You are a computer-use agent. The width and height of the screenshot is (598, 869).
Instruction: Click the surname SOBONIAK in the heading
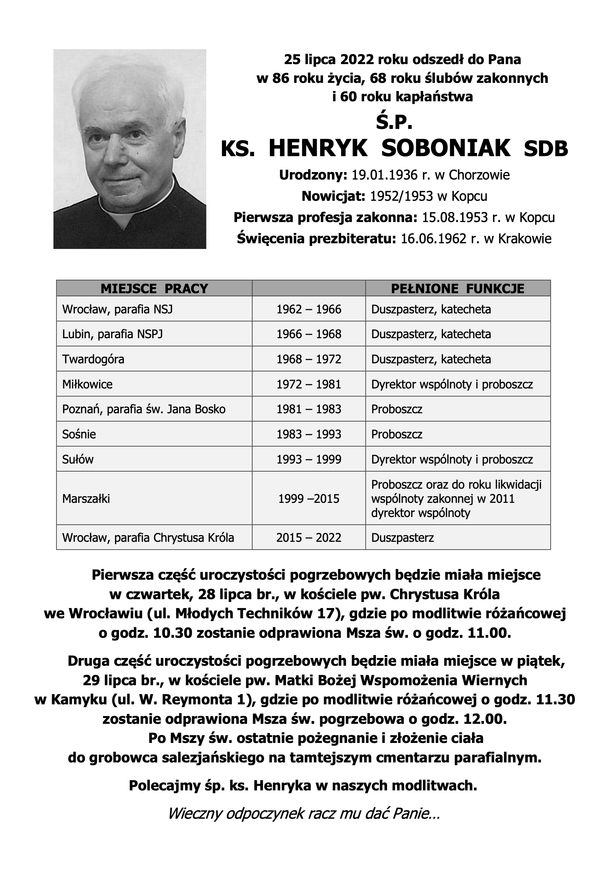[446, 148]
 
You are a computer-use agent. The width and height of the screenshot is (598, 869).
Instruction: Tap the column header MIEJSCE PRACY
[154, 288]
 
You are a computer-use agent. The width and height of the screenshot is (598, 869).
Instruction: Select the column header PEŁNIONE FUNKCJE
[458, 288]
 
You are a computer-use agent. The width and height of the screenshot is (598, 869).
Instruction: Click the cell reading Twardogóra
[93, 359]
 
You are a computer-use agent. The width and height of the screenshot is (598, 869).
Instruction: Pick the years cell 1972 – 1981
[309, 384]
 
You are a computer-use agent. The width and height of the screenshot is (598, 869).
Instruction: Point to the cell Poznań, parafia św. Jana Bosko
[144, 409]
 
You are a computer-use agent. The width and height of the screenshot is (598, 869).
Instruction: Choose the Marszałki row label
[86, 499]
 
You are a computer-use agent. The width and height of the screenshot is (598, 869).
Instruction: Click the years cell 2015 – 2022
[309, 538]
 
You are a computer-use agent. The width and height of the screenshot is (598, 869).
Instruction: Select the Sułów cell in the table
[78, 459]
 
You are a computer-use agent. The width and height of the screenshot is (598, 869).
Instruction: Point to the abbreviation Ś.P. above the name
[394, 123]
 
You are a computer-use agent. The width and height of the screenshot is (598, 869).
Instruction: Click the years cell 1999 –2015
[309, 499]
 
